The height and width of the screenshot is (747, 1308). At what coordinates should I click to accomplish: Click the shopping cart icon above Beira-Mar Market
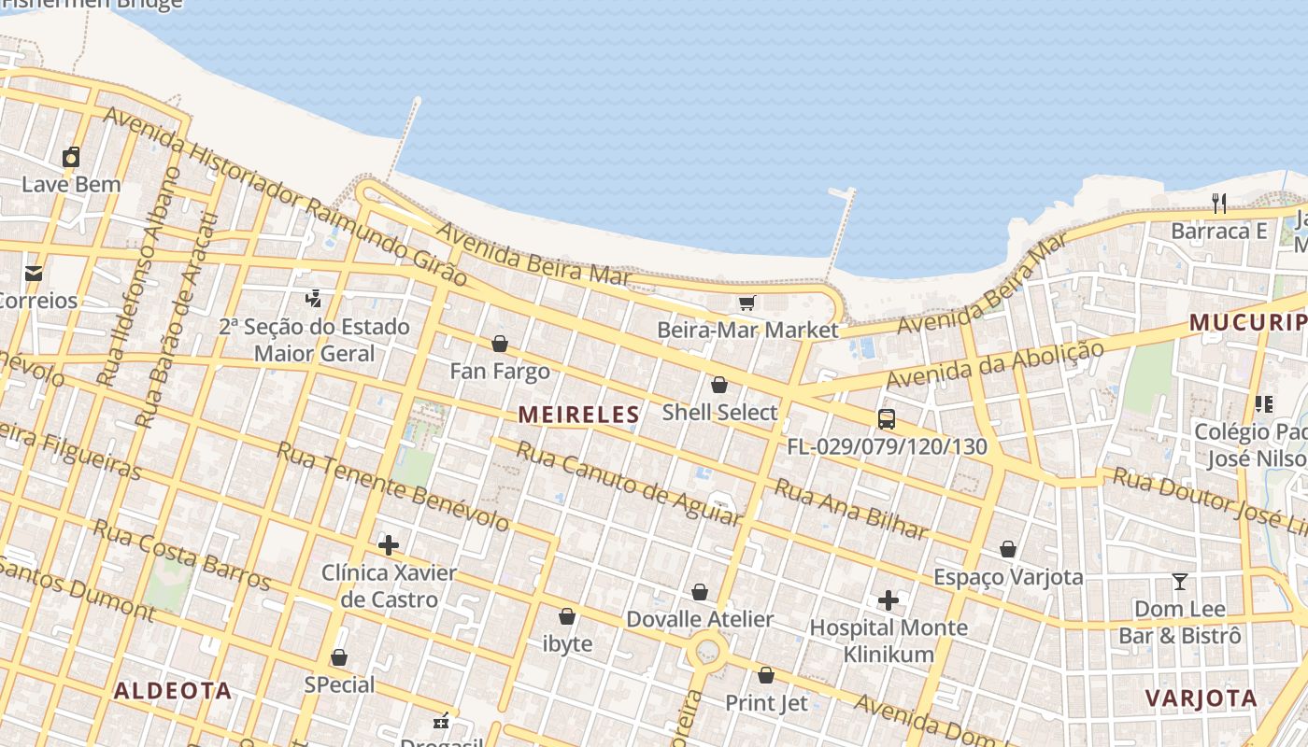[746, 303]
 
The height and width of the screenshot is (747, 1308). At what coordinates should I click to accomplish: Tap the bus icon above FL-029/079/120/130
[887, 419]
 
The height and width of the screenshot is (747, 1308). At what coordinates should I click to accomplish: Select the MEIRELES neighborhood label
[579, 415]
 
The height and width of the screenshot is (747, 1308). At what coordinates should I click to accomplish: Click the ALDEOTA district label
[173, 691]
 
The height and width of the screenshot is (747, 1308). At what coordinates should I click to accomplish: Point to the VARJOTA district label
[1201, 698]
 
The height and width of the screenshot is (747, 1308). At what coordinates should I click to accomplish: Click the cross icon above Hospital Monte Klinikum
[889, 599]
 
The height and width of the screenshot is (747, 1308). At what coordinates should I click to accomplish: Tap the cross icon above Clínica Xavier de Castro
[389, 544]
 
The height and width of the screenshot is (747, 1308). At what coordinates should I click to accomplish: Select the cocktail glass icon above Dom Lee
[1180, 582]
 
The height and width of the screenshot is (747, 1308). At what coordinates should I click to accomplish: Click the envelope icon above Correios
[34, 274]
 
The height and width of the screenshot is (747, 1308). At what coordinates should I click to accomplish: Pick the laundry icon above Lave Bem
[71, 157]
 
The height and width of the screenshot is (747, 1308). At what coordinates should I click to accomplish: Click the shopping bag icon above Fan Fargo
[500, 344]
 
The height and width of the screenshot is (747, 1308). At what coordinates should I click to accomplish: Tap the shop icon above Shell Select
[719, 385]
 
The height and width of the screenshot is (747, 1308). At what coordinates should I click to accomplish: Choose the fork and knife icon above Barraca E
[1218, 204]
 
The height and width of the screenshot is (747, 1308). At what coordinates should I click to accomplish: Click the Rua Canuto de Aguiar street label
[629, 485]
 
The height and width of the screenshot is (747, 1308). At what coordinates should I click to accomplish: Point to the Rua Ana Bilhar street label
[851, 509]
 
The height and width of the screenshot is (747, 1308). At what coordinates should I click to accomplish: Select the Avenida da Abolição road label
[994, 365]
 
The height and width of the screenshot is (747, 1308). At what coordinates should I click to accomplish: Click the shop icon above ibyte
[567, 616]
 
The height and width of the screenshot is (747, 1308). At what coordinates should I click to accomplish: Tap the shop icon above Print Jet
[766, 675]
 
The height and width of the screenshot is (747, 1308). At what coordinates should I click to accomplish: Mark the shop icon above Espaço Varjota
[1008, 549]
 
